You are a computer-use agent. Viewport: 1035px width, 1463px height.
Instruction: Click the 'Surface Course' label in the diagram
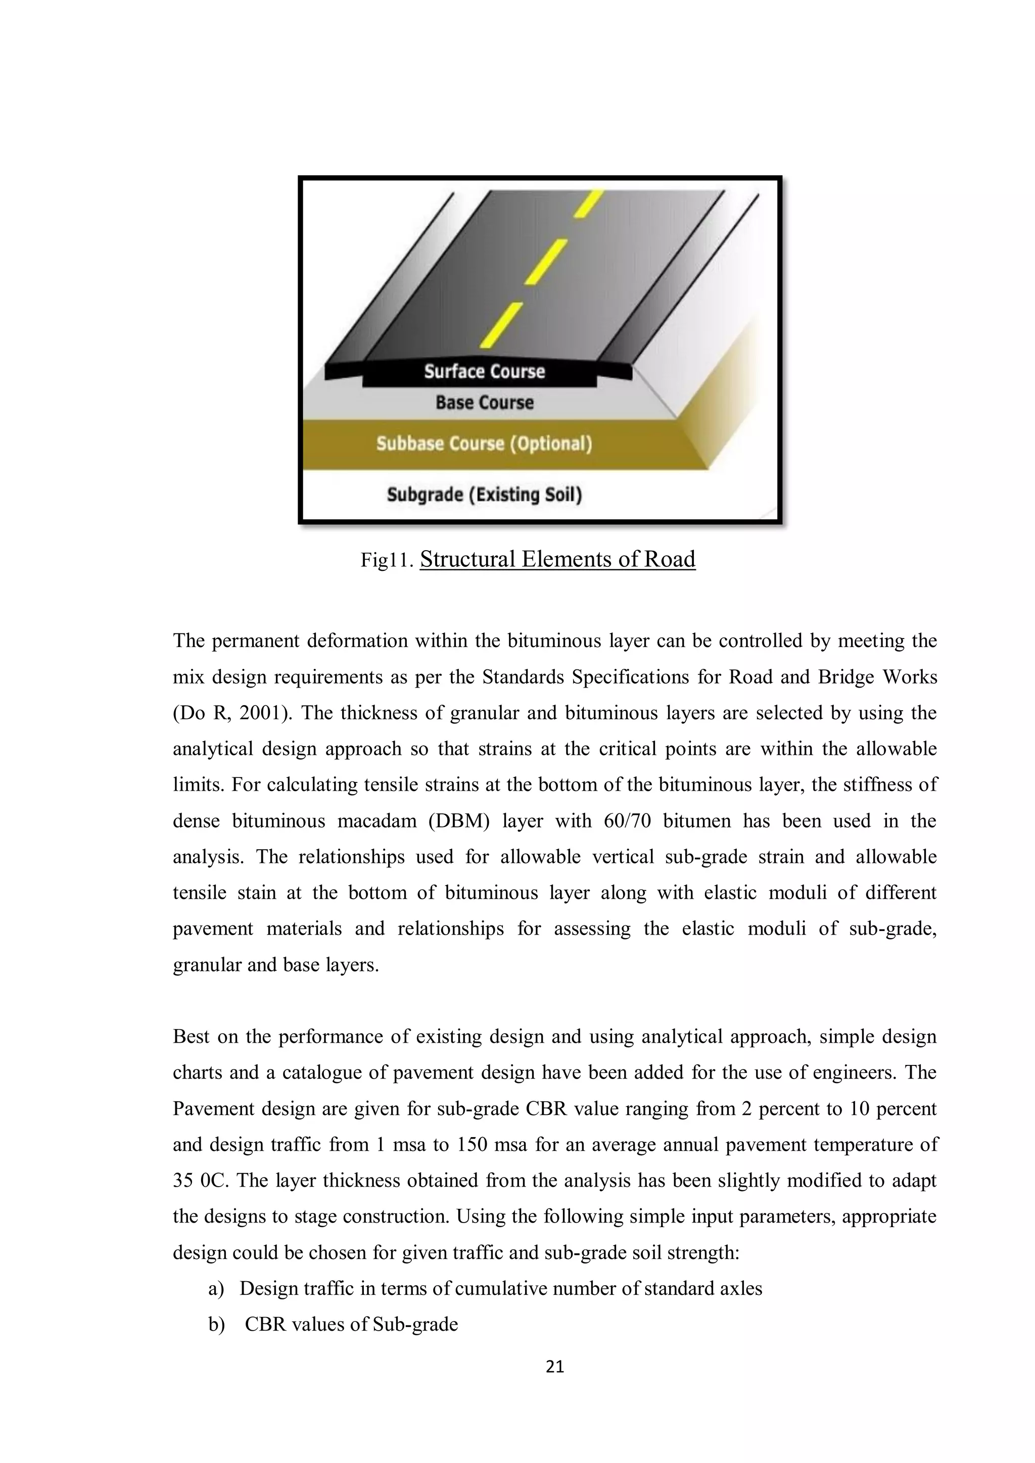[x=484, y=371]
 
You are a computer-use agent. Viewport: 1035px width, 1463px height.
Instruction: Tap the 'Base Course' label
[x=484, y=403]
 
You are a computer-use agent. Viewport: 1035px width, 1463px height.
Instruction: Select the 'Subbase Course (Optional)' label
[x=484, y=444]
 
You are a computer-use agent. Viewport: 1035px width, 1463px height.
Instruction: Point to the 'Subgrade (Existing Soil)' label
[x=484, y=495]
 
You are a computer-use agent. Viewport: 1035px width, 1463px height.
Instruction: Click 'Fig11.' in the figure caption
[x=388, y=561]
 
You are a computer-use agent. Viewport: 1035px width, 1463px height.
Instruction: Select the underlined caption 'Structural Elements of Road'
[x=557, y=559]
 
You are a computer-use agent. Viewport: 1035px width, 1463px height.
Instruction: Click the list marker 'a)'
[x=217, y=1288]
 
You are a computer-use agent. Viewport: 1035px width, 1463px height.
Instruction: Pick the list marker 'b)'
[x=217, y=1325]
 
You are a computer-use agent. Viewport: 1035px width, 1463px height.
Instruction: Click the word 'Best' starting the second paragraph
[x=191, y=1037]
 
